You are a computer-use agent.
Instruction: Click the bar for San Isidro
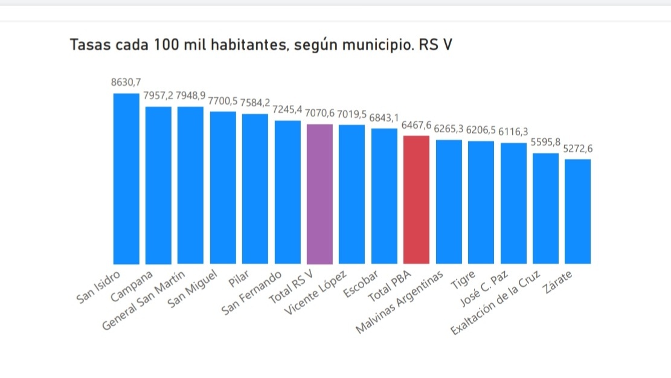pyautogui.click(x=126, y=179)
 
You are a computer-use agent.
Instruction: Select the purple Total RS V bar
pyautogui.click(x=319, y=194)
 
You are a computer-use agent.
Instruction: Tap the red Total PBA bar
pyautogui.click(x=416, y=200)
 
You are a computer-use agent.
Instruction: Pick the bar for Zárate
pyautogui.click(x=577, y=211)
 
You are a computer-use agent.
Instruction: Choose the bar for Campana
pyautogui.click(x=158, y=185)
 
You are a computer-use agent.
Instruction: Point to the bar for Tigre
pyautogui.click(x=481, y=202)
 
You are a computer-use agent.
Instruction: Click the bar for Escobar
pyautogui.click(x=384, y=196)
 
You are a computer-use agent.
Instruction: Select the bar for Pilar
pyautogui.click(x=255, y=188)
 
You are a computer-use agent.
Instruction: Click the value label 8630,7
pyautogui.click(x=126, y=83)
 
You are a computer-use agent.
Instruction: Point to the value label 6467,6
pyautogui.click(x=416, y=126)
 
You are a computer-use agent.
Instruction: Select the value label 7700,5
pyautogui.click(x=223, y=101)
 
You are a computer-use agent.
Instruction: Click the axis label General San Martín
pyautogui.click(x=144, y=300)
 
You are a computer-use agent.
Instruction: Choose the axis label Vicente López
pyautogui.click(x=316, y=293)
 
